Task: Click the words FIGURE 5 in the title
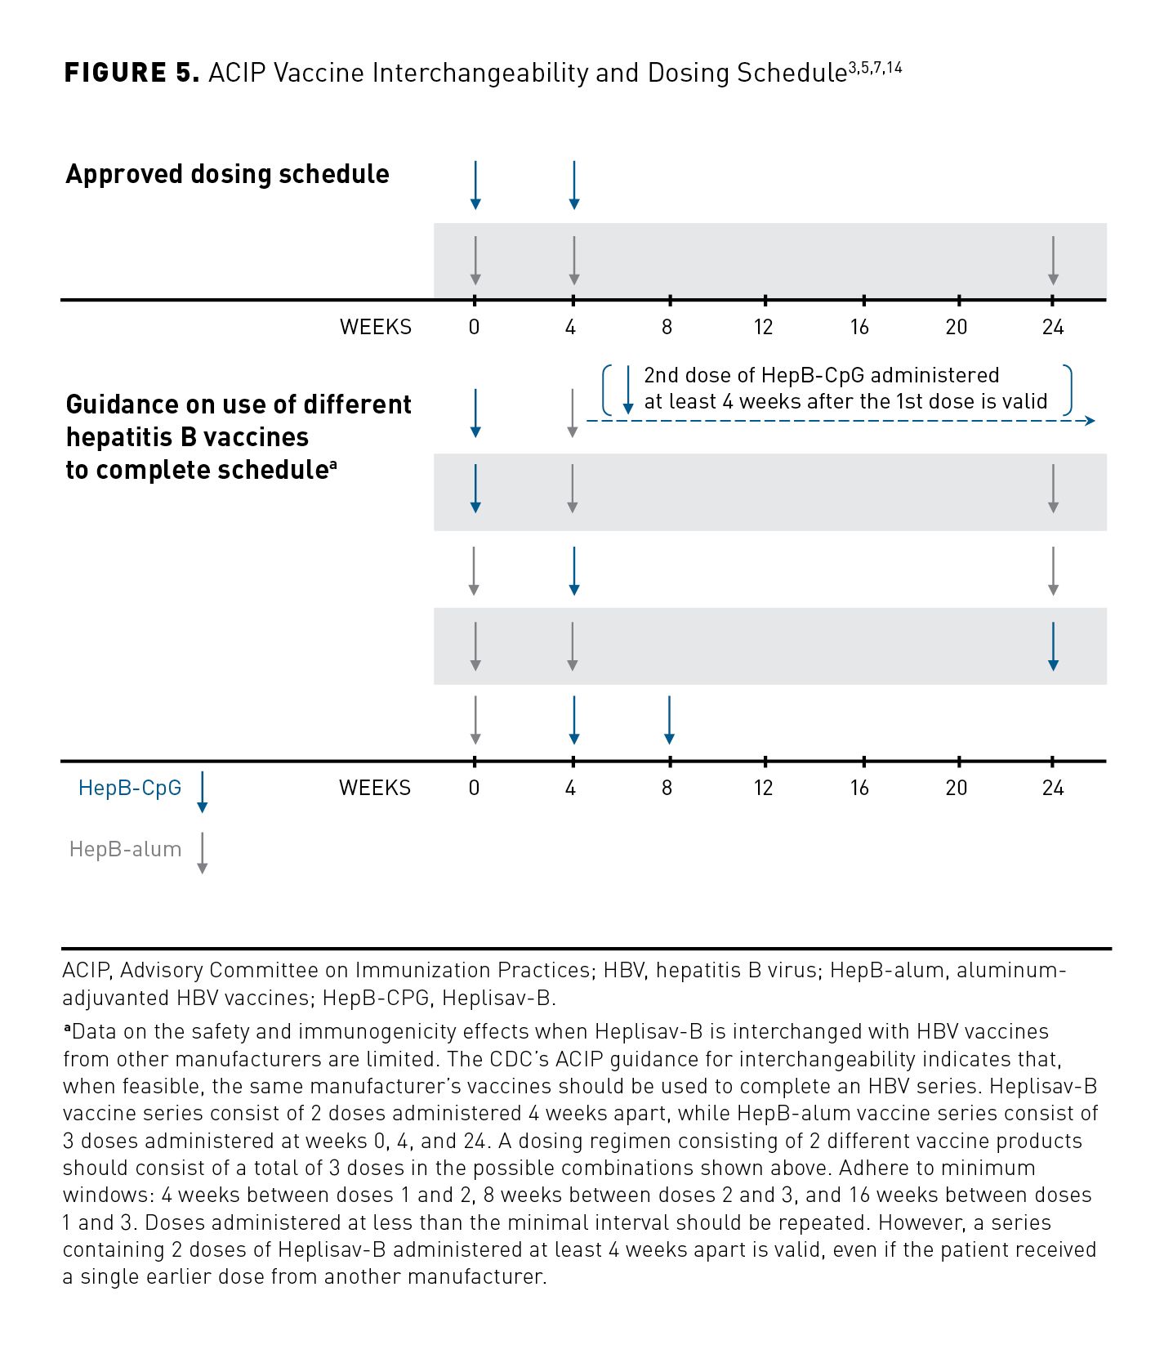[131, 73]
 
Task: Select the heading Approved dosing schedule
[227, 174]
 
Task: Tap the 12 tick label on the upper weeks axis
[763, 328]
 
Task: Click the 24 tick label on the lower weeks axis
[1052, 788]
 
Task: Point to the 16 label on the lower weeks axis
[859, 788]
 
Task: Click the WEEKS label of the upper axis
[376, 328]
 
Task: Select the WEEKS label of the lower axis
[375, 788]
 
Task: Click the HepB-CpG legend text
[130, 788]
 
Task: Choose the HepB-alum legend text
[125, 849]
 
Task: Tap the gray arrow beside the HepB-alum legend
[203, 853]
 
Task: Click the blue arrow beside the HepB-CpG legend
[203, 792]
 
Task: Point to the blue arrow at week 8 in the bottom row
[669, 720]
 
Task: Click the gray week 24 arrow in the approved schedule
[1053, 261]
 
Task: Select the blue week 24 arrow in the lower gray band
[1053, 646]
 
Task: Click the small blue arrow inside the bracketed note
[627, 390]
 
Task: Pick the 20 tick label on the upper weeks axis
[956, 328]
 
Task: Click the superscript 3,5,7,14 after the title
[875, 68]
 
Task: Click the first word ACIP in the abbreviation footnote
[86, 970]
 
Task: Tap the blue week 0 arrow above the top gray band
[475, 185]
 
